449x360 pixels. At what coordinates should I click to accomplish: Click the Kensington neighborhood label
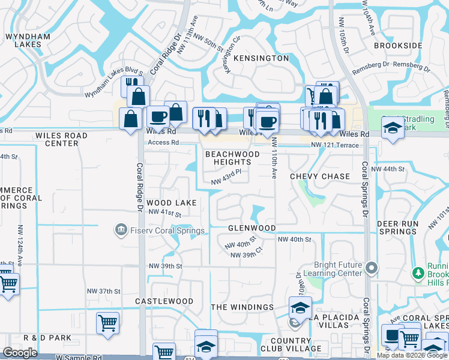click(261, 58)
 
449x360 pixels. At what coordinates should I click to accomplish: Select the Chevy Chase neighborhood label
click(319, 176)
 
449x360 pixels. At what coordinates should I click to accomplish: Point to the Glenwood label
click(252, 228)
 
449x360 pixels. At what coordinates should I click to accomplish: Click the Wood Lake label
click(172, 203)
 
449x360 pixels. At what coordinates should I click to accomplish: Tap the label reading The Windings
click(242, 307)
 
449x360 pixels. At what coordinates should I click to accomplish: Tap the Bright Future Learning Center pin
click(372, 267)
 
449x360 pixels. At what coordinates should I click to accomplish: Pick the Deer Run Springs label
click(397, 227)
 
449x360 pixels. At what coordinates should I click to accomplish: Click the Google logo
click(20, 353)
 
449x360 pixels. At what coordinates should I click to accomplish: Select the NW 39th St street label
click(165, 266)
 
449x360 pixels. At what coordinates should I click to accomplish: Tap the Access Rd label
click(163, 143)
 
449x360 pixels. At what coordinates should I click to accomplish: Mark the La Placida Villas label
click(327, 321)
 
